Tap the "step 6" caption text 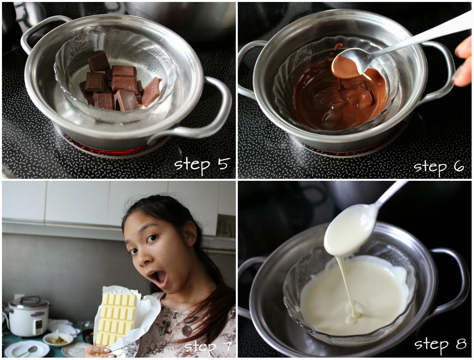coord(438,168)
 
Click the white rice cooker coord(28,316)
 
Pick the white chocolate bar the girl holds coord(117,320)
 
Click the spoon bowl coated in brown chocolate coord(346,68)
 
